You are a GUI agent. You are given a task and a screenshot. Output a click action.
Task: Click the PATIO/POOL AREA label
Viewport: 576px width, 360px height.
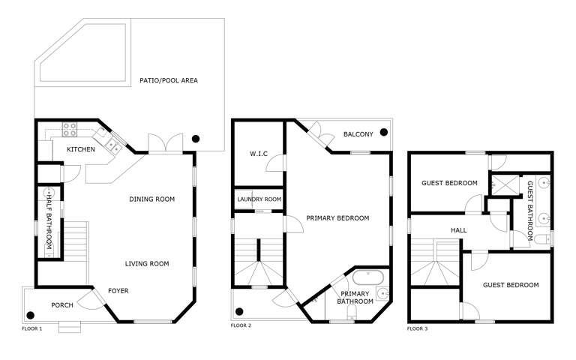[x=169, y=80]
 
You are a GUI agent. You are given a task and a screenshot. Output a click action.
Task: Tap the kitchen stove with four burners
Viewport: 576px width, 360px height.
[x=70, y=129]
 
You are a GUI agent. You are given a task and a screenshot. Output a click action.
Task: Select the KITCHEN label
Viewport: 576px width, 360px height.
[x=81, y=149]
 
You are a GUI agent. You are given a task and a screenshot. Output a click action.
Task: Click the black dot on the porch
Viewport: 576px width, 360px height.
[x=31, y=315]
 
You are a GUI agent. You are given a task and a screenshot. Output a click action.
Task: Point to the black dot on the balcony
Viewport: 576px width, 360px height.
[x=384, y=132]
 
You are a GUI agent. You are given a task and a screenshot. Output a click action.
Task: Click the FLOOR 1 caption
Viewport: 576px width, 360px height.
[x=32, y=328]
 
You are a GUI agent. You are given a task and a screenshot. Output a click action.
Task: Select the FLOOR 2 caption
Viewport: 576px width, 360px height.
[x=241, y=325]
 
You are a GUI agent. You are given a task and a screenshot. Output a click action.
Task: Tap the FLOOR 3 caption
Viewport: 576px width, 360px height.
[x=417, y=328]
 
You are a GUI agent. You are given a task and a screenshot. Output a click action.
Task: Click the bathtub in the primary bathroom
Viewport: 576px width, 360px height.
[x=367, y=277]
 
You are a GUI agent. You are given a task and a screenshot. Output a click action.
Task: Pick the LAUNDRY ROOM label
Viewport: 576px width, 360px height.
[x=259, y=199]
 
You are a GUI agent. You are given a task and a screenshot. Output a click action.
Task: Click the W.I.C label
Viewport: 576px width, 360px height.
[x=259, y=154]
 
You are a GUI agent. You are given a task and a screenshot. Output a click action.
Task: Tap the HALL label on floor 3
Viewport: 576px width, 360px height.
[x=459, y=230]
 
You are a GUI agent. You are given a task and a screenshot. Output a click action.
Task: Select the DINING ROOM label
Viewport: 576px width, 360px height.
[x=151, y=199]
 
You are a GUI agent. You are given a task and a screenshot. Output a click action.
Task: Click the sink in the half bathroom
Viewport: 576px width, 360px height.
[x=49, y=193]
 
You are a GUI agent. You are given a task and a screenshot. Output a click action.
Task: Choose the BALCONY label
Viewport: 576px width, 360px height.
[x=358, y=134]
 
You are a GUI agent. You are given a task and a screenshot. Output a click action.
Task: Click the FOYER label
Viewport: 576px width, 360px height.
[x=118, y=291]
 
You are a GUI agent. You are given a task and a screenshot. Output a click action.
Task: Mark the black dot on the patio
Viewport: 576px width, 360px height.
[x=196, y=139]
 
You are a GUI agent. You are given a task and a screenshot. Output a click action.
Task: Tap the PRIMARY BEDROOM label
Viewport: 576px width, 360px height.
[x=337, y=218]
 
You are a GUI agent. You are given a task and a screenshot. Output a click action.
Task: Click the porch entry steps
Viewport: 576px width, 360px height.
[x=70, y=327]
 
